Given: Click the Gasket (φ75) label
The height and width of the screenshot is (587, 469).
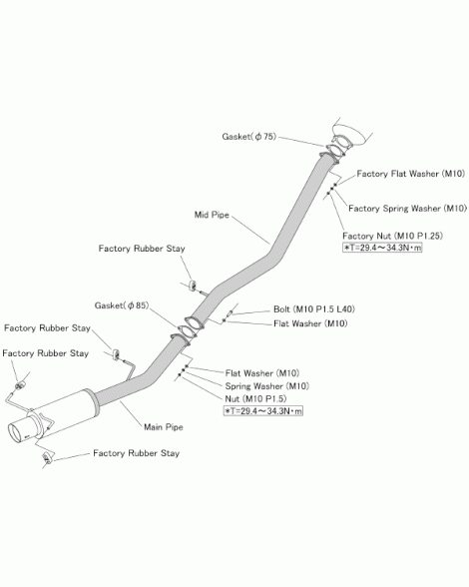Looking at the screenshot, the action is (x=248, y=137).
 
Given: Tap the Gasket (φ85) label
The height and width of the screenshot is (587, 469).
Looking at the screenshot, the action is (x=122, y=305).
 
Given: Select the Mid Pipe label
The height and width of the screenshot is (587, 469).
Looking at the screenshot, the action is (x=212, y=215).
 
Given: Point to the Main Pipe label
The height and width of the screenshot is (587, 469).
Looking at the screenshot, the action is (x=164, y=427).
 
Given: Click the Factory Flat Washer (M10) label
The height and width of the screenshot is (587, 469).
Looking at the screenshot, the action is (x=410, y=174).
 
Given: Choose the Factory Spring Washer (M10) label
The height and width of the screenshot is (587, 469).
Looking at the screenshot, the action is (x=407, y=208).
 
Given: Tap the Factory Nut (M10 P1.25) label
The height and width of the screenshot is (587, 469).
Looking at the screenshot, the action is (x=392, y=236).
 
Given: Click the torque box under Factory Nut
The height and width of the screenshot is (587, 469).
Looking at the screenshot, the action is (x=382, y=248).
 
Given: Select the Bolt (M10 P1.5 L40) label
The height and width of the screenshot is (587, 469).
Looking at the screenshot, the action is (x=314, y=309).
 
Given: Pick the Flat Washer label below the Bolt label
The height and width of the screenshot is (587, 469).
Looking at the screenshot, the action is (x=310, y=323).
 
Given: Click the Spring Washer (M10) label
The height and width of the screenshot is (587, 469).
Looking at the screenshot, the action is (x=266, y=386).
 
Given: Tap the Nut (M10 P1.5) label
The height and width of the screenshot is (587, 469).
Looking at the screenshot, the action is (x=255, y=398).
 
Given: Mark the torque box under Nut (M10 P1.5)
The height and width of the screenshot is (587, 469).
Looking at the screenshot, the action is (x=263, y=411).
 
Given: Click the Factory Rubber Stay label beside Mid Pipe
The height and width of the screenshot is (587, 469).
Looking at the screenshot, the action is (x=142, y=249).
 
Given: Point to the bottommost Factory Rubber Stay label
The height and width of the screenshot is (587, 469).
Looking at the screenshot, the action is (x=137, y=453).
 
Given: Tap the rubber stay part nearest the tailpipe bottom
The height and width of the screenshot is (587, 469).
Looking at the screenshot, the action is (x=47, y=457).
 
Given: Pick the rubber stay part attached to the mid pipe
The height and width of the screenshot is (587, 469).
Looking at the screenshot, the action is (x=194, y=286).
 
